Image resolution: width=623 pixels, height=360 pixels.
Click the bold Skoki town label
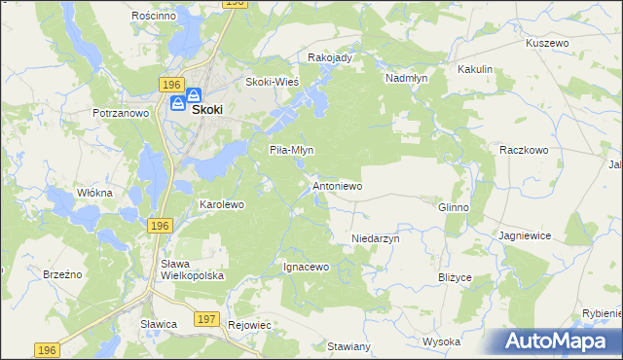click(207, 110)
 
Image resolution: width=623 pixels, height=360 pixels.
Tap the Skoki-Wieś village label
click(272, 82)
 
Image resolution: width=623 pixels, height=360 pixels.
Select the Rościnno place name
click(153, 17)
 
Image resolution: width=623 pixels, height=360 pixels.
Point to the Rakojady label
click(329, 58)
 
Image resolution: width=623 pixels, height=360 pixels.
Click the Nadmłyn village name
click(407, 78)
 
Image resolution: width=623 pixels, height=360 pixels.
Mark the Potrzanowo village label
click(120, 114)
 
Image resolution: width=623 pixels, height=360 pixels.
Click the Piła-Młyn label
click(291, 150)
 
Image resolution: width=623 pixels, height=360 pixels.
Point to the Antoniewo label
click(337, 185)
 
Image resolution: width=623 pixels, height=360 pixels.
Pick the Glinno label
click(454, 208)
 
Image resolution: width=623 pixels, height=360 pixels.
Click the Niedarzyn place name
click(376, 237)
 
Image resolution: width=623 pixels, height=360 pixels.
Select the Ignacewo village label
click(307, 267)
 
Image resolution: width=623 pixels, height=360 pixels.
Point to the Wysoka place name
click(441, 342)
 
